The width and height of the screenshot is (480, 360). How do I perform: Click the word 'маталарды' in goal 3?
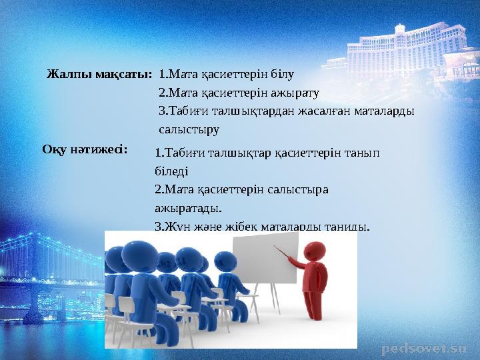383,110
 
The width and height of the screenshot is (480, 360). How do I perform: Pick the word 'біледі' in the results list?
171,171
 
